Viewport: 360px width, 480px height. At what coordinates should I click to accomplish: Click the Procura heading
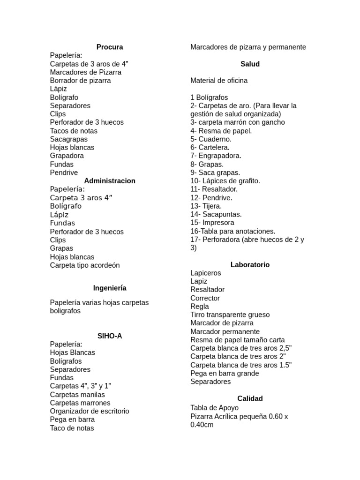pyautogui.click(x=110, y=47)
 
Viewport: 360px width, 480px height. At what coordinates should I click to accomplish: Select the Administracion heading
pyautogui.click(x=110, y=181)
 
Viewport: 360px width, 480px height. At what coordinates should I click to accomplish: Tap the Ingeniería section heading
pyautogui.click(x=110, y=288)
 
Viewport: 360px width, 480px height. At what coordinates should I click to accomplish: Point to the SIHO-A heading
pyautogui.click(x=110, y=336)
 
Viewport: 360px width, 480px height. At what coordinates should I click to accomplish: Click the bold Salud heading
pyautogui.click(x=250, y=64)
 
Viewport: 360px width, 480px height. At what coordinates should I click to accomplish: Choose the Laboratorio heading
pyautogui.click(x=250, y=264)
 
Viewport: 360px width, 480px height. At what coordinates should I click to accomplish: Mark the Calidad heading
pyautogui.click(x=250, y=398)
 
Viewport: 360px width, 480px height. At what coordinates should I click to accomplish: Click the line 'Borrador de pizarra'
pyautogui.click(x=80, y=81)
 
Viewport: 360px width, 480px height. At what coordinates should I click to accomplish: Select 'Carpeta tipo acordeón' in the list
pyautogui.click(x=85, y=265)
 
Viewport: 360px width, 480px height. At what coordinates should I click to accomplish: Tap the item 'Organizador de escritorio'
pyautogui.click(x=90, y=411)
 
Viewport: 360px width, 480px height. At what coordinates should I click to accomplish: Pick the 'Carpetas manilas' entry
pyautogui.click(x=77, y=395)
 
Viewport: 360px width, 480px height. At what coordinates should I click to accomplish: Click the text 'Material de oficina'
pyautogui.click(x=219, y=81)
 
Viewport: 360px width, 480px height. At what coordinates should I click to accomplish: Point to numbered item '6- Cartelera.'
pyautogui.click(x=210, y=147)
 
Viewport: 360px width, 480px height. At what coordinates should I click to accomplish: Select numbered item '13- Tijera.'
pyautogui.click(x=206, y=206)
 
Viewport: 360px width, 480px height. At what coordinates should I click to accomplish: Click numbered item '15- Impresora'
pyautogui.click(x=212, y=223)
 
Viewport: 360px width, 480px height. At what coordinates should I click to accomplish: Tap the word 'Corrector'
pyautogui.click(x=205, y=298)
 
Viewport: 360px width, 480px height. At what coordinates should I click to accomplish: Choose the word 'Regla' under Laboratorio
pyautogui.click(x=200, y=307)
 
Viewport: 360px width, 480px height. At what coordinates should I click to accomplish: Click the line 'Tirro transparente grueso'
pyautogui.click(x=230, y=315)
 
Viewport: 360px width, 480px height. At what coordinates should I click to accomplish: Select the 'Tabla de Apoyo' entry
pyautogui.click(x=214, y=408)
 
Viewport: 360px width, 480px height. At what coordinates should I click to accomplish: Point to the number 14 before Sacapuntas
pyautogui.click(x=194, y=214)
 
